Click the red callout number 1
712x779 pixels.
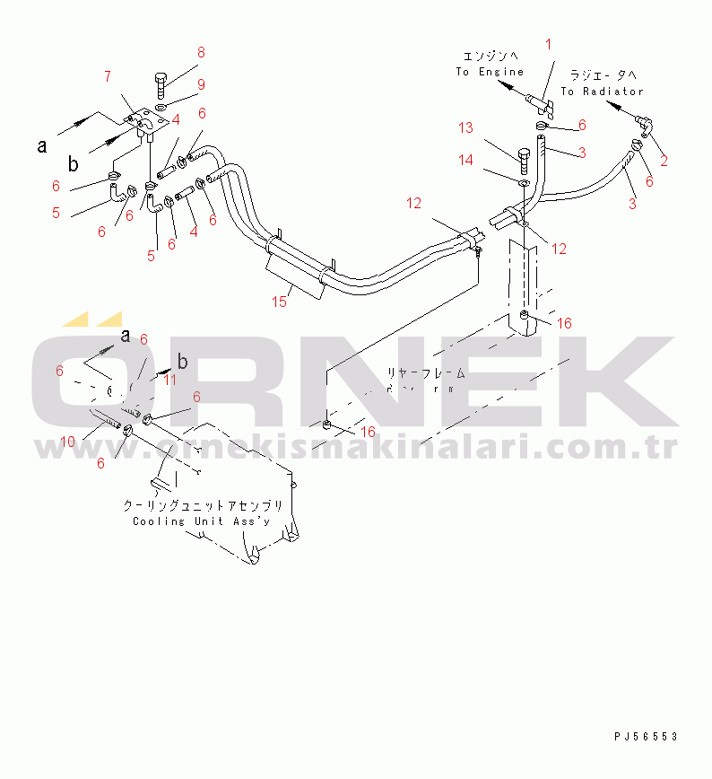(549, 43)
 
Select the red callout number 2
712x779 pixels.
(663, 162)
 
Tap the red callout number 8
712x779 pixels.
(201, 52)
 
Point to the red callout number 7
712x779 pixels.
(108, 75)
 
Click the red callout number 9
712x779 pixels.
(201, 85)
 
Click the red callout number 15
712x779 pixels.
(280, 302)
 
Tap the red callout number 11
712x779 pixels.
(169, 380)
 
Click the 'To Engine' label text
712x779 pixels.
(489, 72)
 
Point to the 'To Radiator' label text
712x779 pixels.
(602, 92)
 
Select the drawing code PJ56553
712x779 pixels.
(646, 736)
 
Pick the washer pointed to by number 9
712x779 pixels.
(161, 108)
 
